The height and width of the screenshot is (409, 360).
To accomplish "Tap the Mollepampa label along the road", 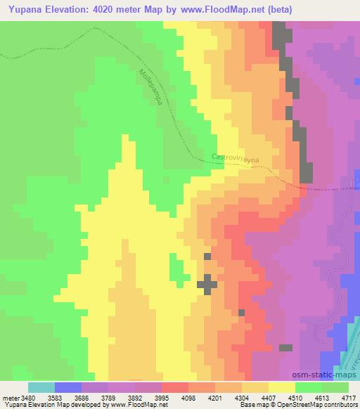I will pyautogui.click(x=150, y=86).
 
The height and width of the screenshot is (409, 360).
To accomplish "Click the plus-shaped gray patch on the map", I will pyautogui.click(x=207, y=284).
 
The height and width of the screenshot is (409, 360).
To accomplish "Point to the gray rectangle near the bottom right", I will pyautogui.click(x=285, y=347).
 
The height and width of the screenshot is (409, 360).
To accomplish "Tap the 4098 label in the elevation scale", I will pyautogui.click(x=188, y=397).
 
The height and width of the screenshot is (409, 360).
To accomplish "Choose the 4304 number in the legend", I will pyautogui.click(x=241, y=397).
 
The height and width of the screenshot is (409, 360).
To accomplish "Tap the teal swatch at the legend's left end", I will pyautogui.click(x=41, y=387).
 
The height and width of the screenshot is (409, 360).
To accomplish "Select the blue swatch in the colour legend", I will pyautogui.click(x=68, y=387).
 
